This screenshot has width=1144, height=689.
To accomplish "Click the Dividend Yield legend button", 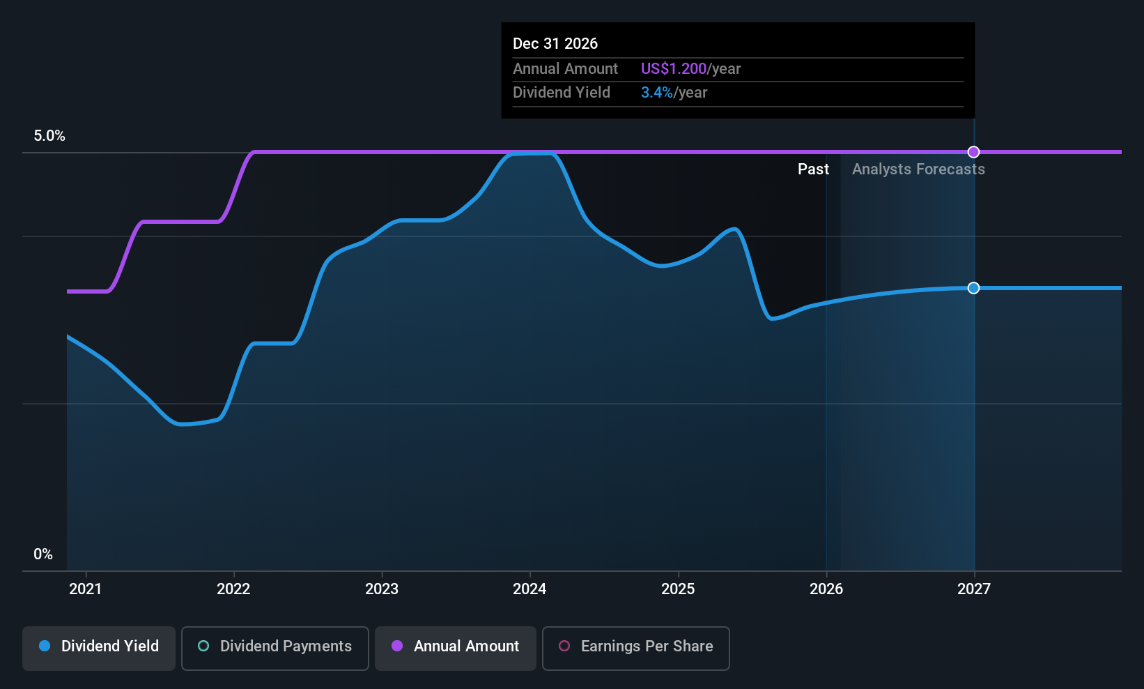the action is [98, 648].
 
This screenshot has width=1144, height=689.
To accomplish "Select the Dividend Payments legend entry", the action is [275, 648].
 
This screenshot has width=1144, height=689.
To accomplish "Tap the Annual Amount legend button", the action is [456, 648].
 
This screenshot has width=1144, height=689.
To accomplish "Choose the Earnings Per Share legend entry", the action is [636, 648].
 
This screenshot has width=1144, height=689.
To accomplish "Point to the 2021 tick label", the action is [85, 589].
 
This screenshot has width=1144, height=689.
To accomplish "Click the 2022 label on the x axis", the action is [233, 589].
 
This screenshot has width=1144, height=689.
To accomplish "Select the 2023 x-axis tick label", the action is [382, 589].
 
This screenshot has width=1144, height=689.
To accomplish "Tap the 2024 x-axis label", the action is [530, 589].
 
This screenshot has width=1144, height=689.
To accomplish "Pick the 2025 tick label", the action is [678, 589].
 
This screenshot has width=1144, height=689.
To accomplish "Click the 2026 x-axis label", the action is [826, 589].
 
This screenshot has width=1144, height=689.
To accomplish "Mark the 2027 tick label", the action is [974, 589].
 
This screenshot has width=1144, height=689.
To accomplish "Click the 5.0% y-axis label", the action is [49, 136].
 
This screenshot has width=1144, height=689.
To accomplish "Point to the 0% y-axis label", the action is [43, 554].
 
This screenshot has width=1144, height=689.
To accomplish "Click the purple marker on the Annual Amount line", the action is [974, 152].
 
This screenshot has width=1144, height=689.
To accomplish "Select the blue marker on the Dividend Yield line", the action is [974, 288].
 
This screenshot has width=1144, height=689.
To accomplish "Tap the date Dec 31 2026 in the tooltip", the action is [555, 43].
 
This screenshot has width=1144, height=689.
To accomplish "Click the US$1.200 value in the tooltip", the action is [674, 68].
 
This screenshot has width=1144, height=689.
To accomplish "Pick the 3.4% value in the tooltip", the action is [657, 93].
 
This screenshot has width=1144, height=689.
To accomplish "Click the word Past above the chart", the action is [814, 169].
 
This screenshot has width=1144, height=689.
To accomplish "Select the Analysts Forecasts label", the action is [919, 169].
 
